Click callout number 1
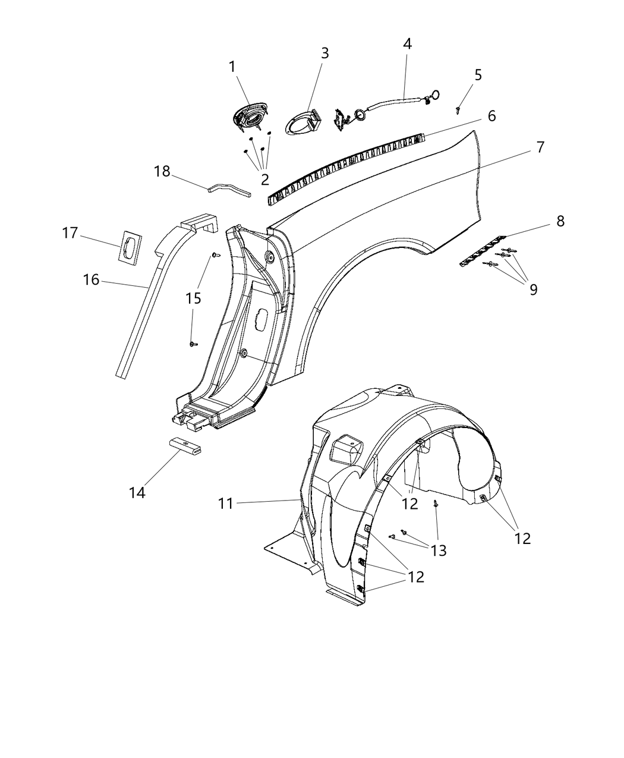point(232,67)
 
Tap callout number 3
point(324,53)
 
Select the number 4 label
point(407,43)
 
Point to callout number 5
point(478,75)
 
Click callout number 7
point(540,147)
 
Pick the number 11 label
point(225,504)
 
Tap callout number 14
point(137,493)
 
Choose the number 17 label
point(70,233)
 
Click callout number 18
point(162,171)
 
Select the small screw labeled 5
point(458,110)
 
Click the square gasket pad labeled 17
point(131,247)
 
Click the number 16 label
point(91,279)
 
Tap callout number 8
point(560,221)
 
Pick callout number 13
point(438,551)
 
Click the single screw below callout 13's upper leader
point(436,504)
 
